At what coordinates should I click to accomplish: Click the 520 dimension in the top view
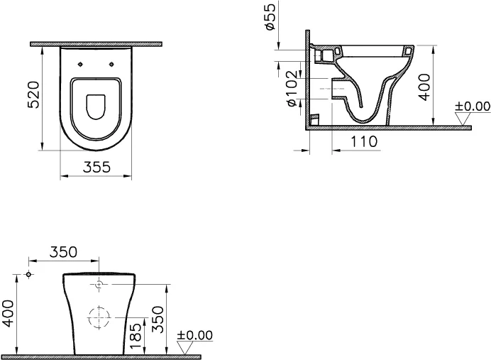34,94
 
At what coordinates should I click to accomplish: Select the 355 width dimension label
96,167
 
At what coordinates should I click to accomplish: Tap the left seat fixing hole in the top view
80,65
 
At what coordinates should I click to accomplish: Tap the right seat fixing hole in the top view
111,65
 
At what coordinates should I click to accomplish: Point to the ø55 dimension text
270,16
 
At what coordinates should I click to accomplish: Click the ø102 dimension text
292,88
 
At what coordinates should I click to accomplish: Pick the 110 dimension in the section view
363,141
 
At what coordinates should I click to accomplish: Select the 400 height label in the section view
424,87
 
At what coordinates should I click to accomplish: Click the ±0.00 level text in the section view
473,107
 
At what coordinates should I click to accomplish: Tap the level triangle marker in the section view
463,119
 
